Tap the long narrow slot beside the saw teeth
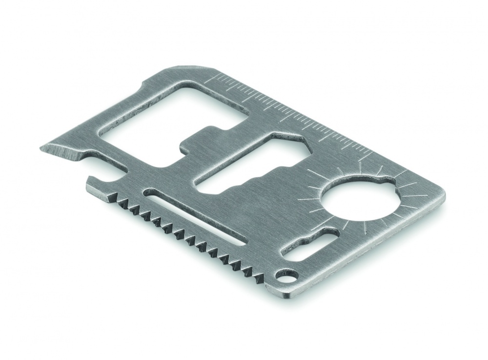pos(195,218)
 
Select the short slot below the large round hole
pos(312,247)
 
